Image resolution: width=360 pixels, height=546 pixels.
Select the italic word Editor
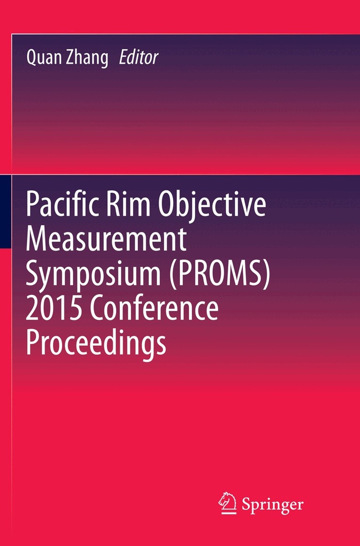click(139, 58)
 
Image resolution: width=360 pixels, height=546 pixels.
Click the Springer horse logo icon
click(227, 502)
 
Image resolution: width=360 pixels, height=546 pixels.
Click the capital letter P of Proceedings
click(34, 344)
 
